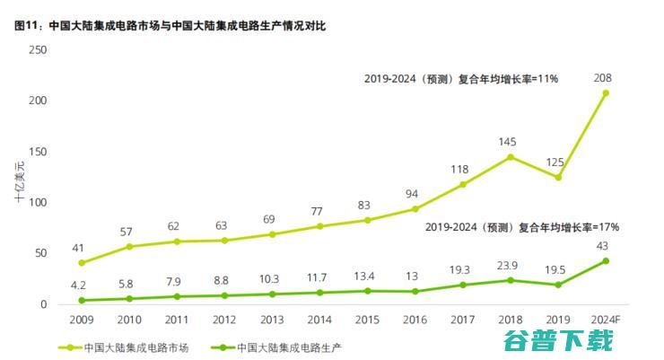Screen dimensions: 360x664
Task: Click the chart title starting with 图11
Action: pyautogui.click(x=170, y=25)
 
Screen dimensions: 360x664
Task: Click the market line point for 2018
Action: pyautogui.click(x=511, y=157)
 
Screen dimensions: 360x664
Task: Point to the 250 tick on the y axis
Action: pyautogui.click(x=37, y=49)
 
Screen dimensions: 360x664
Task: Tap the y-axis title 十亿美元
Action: pyautogui.click(x=19, y=178)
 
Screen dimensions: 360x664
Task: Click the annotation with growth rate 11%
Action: pyautogui.click(x=461, y=79)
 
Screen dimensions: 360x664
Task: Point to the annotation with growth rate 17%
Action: pyautogui.click(x=521, y=227)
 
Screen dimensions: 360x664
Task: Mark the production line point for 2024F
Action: pyautogui.click(x=606, y=261)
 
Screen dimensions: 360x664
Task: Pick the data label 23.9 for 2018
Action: pyautogui.click(x=511, y=266)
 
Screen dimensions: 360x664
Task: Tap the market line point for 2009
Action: pyautogui.click(x=83, y=263)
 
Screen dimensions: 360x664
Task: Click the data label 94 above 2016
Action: pyautogui.click(x=415, y=194)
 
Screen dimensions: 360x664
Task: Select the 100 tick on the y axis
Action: pyautogui.click(x=37, y=203)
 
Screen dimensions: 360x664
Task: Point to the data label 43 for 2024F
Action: pyautogui.click(x=604, y=246)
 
